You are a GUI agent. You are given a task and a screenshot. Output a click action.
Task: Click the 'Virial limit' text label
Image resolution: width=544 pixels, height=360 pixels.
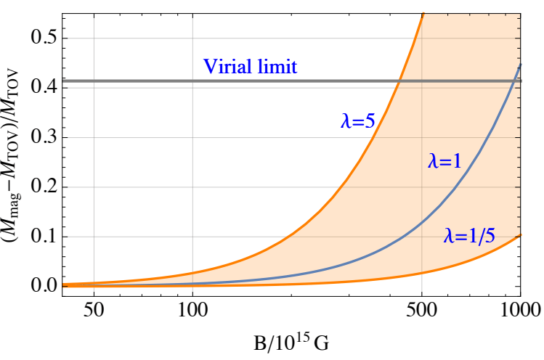tap(251, 67)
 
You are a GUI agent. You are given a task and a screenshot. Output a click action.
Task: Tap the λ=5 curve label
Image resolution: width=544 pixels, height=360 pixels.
tap(357, 121)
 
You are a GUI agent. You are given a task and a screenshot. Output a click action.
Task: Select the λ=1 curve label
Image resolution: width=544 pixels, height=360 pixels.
tap(444, 163)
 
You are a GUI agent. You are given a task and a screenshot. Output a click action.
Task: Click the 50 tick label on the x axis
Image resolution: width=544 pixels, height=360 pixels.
tap(94, 308)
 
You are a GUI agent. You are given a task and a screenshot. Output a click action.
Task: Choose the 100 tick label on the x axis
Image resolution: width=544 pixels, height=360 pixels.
tap(192, 308)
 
